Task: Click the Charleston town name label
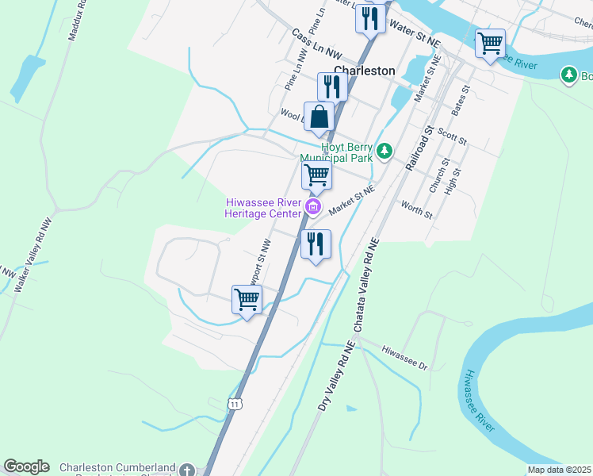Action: tap(368, 70)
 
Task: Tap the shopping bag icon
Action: tap(319, 117)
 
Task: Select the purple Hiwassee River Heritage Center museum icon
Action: tap(313, 208)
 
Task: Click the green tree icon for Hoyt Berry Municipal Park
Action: tap(384, 150)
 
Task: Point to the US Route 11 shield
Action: tap(235, 405)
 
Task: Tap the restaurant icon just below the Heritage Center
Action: tap(316, 244)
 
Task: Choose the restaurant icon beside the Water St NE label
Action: tap(370, 18)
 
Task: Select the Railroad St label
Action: tap(418, 148)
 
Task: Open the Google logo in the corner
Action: tap(26, 466)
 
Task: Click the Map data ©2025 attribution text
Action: tap(558, 470)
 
